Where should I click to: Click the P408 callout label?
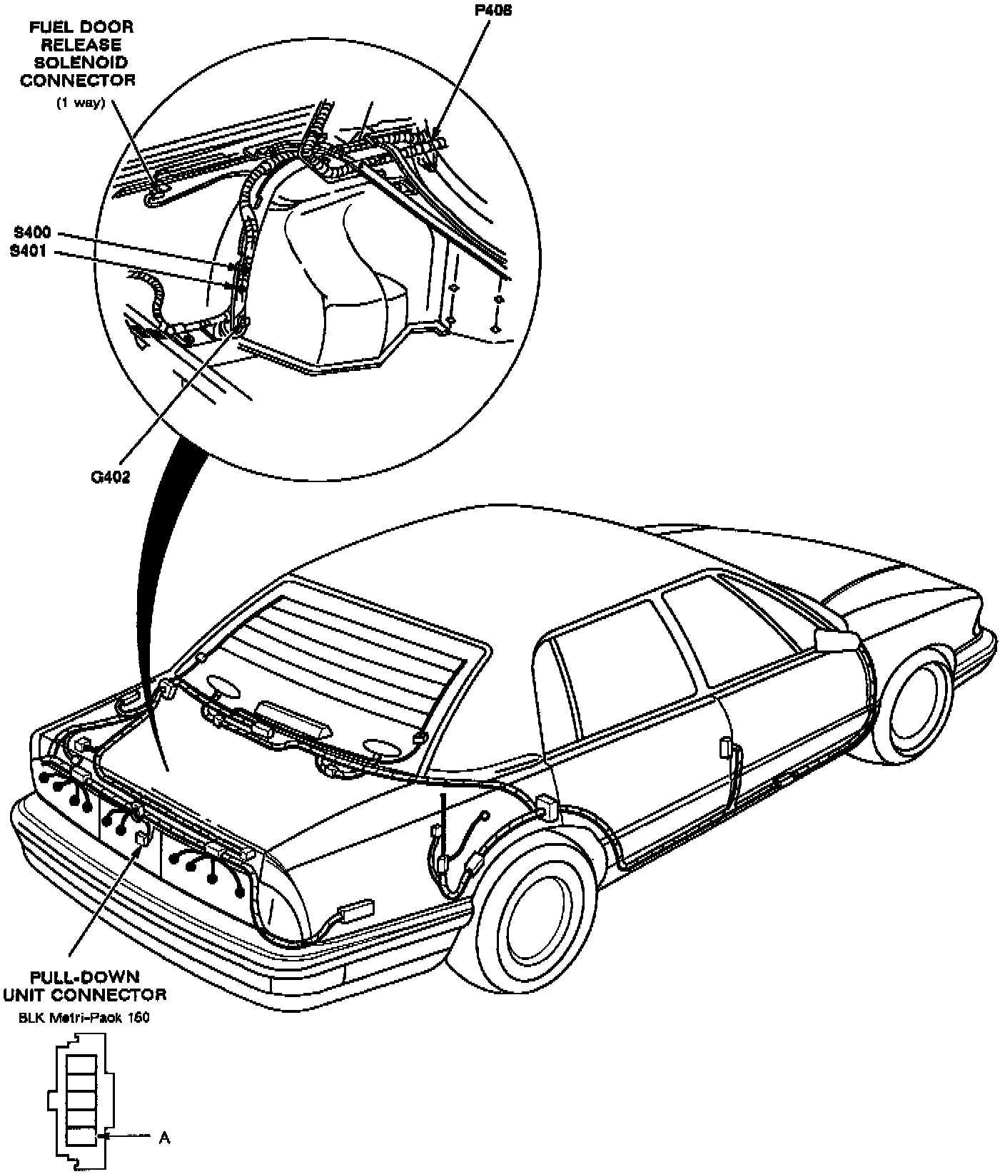492,11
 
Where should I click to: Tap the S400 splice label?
31,233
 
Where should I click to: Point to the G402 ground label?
111,477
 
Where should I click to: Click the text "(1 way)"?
81,102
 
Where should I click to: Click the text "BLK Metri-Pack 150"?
84,1018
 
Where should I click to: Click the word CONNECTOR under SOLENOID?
78,79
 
